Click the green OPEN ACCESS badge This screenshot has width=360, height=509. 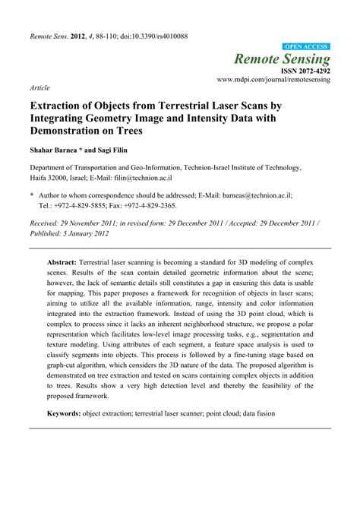pyautogui.click(x=307, y=46)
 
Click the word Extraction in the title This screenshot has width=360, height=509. pyautogui.click(x=63, y=108)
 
